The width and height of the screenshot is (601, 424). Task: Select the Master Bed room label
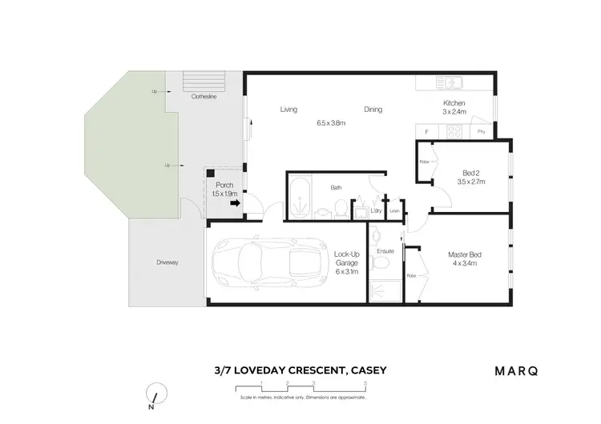465,255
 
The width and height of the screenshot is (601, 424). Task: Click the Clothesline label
204,96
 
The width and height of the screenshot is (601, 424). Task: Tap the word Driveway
167,262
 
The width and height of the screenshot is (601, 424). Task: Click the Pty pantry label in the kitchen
481,131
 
